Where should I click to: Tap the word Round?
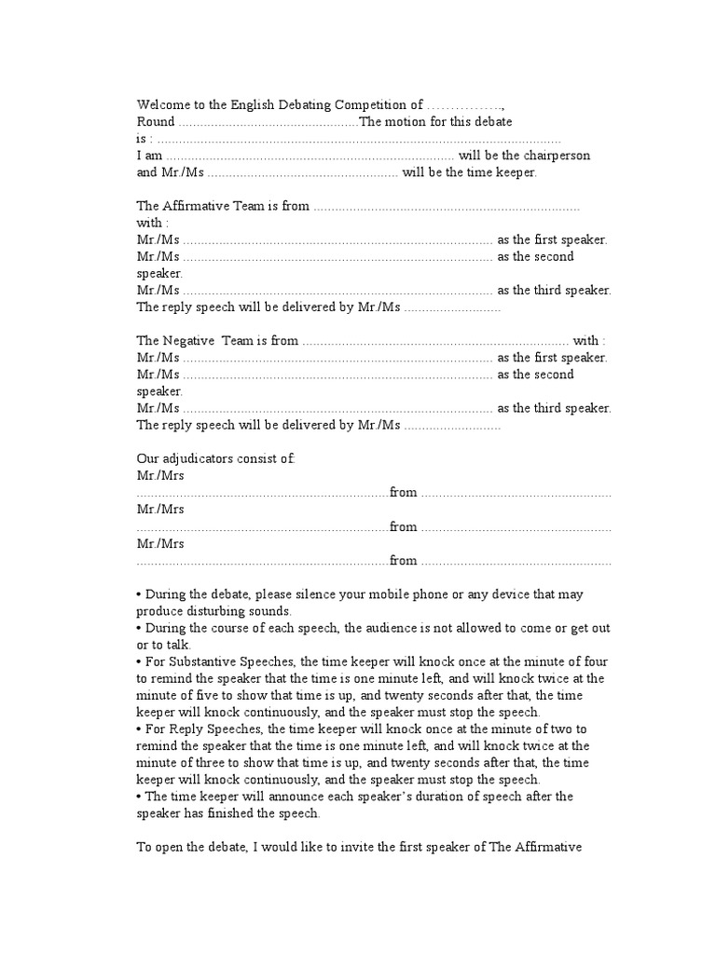click(x=155, y=122)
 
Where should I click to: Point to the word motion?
click(x=405, y=122)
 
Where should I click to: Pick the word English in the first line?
click(x=270, y=105)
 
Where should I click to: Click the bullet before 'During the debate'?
click(x=139, y=594)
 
